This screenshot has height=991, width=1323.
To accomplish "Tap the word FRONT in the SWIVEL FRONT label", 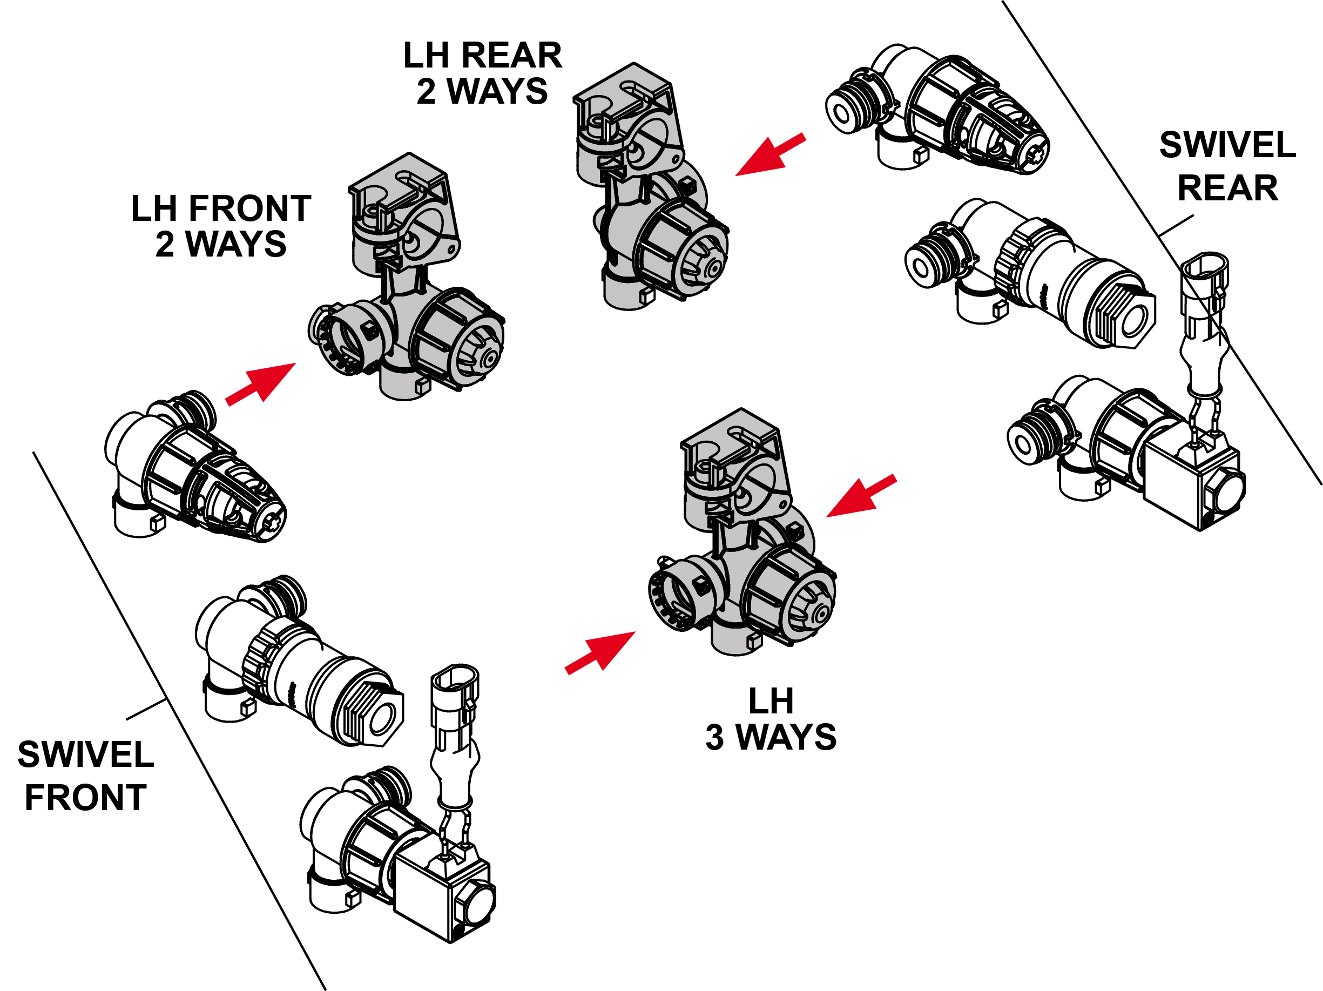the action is click(85, 798).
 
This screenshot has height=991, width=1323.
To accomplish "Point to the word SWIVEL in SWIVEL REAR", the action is click(1227, 145).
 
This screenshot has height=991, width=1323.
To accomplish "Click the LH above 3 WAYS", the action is click(771, 702).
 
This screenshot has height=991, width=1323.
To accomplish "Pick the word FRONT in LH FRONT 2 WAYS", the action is click(250, 208).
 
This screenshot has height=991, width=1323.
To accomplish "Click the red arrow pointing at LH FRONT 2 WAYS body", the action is click(261, 384).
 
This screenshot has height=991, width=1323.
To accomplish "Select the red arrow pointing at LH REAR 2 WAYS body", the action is click(771, 155).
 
